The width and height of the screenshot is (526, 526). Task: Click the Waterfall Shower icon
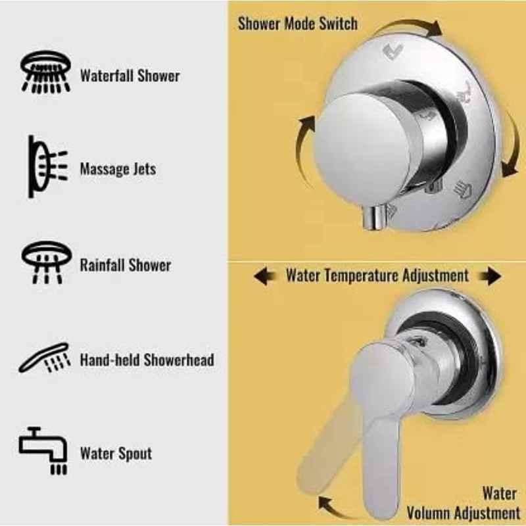tap(45, 72)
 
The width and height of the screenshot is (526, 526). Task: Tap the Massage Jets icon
tap(47, 166)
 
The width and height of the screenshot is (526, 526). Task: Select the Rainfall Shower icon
tap(47, 262)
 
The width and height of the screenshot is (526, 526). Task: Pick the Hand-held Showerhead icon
tap(45, 358)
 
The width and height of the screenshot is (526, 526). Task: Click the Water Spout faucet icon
tap(43, 450)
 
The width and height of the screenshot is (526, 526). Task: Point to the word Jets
tap(145, 169)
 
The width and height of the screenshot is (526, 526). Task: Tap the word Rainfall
tap(102, 265)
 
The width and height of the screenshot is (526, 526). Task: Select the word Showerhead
tap(179, 360)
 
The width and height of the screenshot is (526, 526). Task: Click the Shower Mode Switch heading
tap(298, 24)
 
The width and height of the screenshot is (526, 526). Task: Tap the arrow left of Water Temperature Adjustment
tap(265, 276)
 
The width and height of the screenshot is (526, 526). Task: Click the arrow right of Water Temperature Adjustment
tap(490, 276)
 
